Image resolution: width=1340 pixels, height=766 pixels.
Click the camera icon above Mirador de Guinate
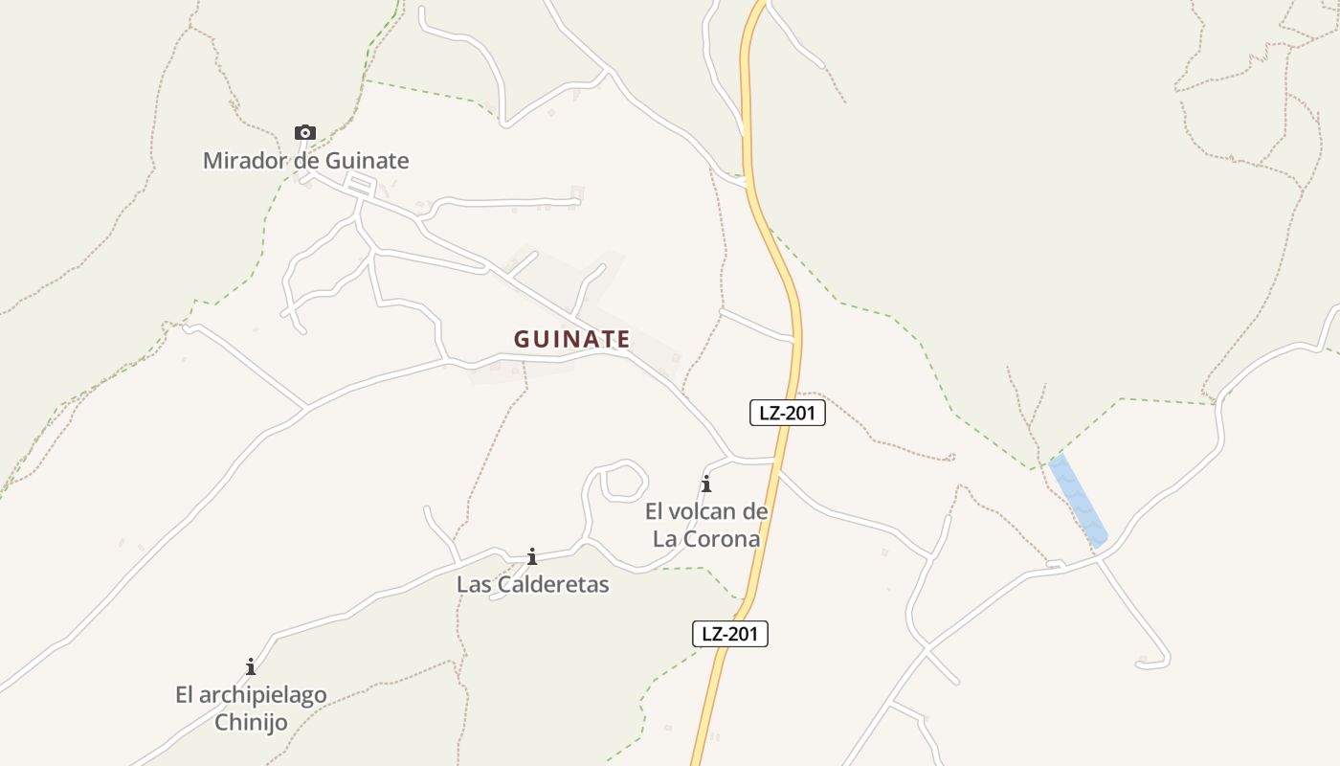click(x=305, y=133)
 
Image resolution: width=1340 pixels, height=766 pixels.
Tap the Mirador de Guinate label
click(x=305, y=161)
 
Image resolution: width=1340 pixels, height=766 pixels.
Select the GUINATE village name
click(x=571, y=339)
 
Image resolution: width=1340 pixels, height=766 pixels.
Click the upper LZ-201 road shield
click(x=787, y=413)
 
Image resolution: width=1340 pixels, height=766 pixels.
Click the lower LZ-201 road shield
click(x=730, y=633)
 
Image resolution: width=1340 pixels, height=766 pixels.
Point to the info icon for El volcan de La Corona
click(x=706, y=484)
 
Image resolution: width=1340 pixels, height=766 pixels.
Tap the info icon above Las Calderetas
click(x=532, y=556)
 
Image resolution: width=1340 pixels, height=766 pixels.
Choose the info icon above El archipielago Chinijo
click(x=251, y=666)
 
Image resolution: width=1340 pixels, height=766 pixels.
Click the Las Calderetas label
click(x=532, y=584)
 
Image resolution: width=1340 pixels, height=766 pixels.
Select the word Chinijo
click(x=251, y=722)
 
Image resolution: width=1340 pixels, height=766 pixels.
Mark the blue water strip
click(x=1079, y=501)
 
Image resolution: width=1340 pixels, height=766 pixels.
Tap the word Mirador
click(x=245, y=161)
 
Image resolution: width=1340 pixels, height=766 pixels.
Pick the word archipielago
click(x=263, y=695)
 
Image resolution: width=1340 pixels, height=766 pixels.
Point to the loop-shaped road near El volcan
click(x=623, y=479)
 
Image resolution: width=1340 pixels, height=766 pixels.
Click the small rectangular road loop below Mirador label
click(x=360, y=186)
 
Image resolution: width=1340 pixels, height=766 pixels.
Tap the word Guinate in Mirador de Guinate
click(x=367, y=161)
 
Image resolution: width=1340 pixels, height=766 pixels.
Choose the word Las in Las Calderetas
click(x=473, y=584)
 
